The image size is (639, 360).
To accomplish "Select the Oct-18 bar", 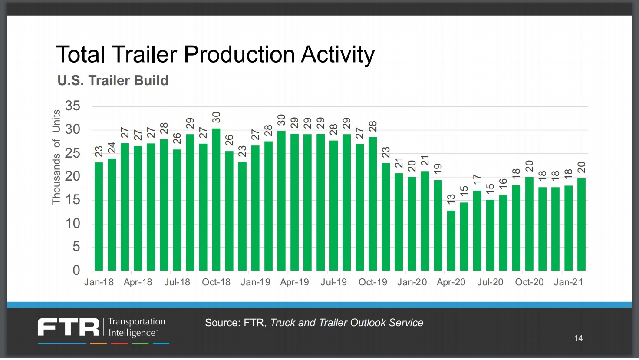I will [x=216, y=200].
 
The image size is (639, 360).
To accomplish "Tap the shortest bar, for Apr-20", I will [x=451, y=241].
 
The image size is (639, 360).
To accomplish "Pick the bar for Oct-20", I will [x=529, y=224].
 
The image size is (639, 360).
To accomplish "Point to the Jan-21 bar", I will [x=568, y=228].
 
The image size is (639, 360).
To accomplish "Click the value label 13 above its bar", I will [x=451, y=199].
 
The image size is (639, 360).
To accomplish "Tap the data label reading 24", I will [x=112, y=148].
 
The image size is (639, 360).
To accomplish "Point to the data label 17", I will [x=477, y=179].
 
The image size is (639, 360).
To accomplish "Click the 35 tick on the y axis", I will [x=72, y=106].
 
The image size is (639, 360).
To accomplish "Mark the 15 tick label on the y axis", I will [x=72, y=200].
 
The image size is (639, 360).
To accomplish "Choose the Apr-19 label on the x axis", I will [x=294, y=282].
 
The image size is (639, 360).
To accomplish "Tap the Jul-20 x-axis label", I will [x=490, y=282].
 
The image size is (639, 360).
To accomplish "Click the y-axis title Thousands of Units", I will [x=56, y=157].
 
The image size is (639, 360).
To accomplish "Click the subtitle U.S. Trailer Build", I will [x=113, y=81].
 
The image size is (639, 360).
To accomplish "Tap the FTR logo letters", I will [x=69, y=327].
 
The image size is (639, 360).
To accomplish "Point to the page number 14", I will [x=578, y=338].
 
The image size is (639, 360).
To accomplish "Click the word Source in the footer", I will [x=222, y=323].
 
